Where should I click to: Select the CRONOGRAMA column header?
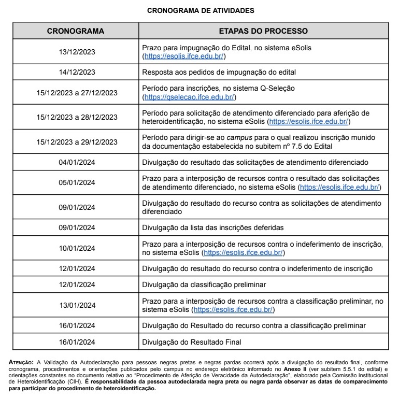pos(76,31)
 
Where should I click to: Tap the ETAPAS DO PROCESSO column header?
pos(263,31)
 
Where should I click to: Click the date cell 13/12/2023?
pos(77,52)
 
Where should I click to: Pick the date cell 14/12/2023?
pos(77,72)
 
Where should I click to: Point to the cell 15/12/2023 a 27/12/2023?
pos(77,93)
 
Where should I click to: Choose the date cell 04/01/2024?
pos(77,162)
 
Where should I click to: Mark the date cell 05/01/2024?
pos(77,182)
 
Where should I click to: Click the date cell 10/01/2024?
pos(77,248)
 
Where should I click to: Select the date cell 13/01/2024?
pos(77,305)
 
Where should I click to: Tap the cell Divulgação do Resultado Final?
pos(192,342)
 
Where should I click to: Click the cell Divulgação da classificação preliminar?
pos(204,284)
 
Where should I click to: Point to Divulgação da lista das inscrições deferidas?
pos(212,227)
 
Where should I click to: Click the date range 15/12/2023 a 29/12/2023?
pos(77,142)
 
